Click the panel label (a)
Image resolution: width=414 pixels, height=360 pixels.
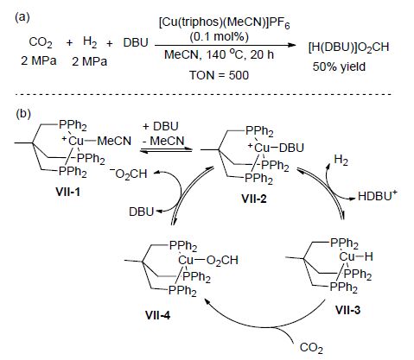click(22, 17)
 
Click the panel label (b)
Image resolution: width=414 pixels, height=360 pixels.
click(22, 114)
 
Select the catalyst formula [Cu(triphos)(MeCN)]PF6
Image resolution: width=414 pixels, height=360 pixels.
click(224, 23)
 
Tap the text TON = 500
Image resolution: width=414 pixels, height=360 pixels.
click(219, 75)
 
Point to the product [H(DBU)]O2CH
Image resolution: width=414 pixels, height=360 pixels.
click(348, 47)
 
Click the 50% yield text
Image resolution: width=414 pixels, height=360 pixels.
click(339, 66)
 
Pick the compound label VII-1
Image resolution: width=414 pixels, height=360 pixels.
click(67, 192)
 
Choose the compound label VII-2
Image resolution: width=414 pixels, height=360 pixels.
click(254, 199)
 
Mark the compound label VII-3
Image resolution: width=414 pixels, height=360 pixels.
click(347, 310)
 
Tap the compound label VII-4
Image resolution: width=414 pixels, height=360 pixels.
click(158, 315)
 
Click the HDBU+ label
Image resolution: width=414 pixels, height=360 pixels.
click(378, 196)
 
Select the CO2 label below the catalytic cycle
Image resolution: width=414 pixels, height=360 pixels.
click(311, 348)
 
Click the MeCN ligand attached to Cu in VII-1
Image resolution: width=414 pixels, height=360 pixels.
click(114, 141)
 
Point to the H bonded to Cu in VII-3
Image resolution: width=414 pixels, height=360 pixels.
click(368, 256)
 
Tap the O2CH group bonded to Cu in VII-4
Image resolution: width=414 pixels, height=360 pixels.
click(222, 261)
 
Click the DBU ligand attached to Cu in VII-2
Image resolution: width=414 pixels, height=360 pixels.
click(291, 148)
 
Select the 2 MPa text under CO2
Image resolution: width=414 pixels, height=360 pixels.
click(39, 61)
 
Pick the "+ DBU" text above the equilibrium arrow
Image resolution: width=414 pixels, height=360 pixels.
click(161, 126)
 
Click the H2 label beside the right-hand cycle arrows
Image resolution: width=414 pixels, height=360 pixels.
click(341, 160)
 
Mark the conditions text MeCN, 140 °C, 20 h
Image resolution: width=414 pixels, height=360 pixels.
click(220, 54)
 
